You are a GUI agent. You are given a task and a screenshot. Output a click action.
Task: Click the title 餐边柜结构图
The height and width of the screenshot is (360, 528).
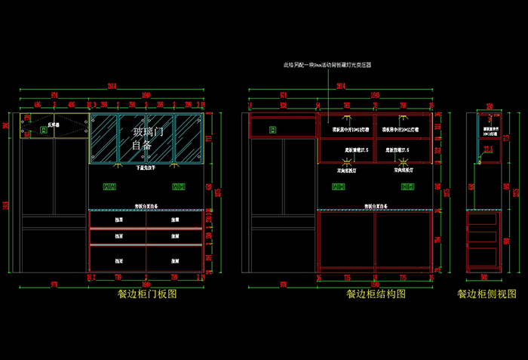[x=376, y=294]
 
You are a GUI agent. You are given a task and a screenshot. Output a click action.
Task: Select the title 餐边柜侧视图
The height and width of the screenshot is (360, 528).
[x=487, y=294]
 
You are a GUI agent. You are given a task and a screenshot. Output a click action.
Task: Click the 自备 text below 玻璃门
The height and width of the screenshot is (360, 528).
[x=142, y=145]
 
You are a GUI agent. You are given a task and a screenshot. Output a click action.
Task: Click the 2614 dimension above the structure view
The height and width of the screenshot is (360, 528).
[x=341, y=85]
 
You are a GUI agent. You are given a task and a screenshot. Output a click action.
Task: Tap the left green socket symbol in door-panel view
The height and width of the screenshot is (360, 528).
[x=109, y=186]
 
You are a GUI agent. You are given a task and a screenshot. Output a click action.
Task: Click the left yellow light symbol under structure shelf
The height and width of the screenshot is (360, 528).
[x=346, y=118]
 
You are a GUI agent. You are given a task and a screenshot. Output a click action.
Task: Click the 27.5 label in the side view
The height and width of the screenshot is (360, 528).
[x=488, y=149]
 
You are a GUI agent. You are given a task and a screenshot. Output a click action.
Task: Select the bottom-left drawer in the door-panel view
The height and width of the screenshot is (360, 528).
[x=118, y=258]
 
